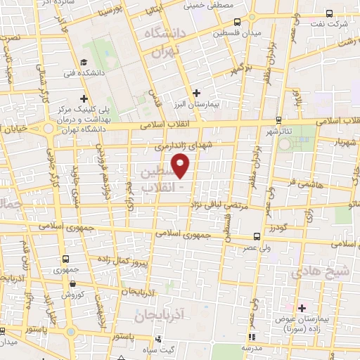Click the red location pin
(x=181, y=165)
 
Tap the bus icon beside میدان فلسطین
(x=236, y=21)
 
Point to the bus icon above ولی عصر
(x=255, y=236)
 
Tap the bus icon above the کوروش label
(x=74, y=283)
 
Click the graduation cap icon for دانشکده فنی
(x=84, y=62)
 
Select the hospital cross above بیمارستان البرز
(x=196, y=92)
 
